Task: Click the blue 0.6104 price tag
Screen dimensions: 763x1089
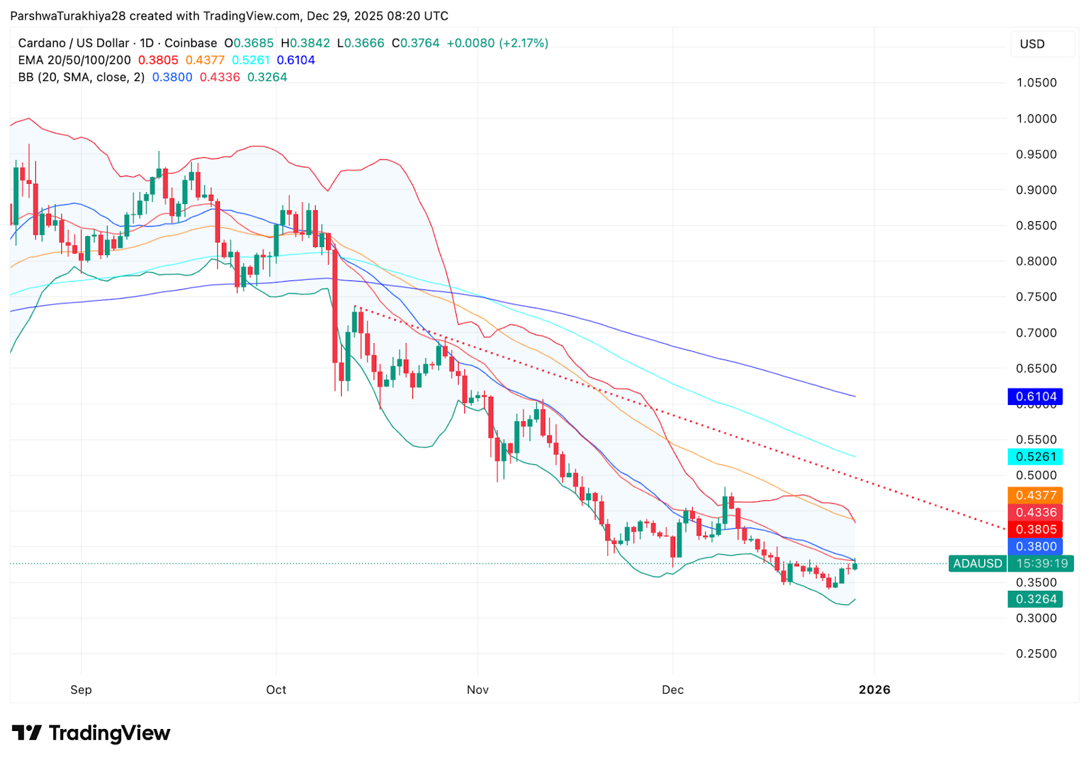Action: tap(1035, 396)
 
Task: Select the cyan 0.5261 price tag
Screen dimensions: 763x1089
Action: tap(1035, 457)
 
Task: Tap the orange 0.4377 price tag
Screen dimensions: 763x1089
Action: tap(1035, 496)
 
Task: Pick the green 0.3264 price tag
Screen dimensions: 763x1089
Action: tap(1035, 599)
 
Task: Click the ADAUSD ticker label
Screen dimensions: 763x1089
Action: tap(977, 564)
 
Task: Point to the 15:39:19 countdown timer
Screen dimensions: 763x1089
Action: tap(1041, 564)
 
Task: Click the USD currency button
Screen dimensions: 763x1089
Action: tap(1032, 44)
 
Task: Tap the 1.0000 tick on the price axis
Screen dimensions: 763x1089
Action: tap(1036, 118)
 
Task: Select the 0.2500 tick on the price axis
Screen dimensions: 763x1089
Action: tap(1036, 653)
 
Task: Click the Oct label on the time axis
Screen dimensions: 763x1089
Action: tap(276, 689)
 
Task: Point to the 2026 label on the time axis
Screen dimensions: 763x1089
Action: tap(874, 689)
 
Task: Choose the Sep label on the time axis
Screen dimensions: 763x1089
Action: tap(81, 689)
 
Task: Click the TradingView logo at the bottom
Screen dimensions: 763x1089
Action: tap(91, 733)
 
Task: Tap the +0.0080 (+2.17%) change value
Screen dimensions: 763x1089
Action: tap(497, 43)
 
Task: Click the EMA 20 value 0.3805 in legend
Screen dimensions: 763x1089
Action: tap(158, 60)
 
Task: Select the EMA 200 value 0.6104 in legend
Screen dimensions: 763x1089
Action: tap(295, 60)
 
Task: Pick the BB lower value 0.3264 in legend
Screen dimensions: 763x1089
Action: tap(267, 77)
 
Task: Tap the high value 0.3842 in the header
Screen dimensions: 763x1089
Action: tap(310, 43)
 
